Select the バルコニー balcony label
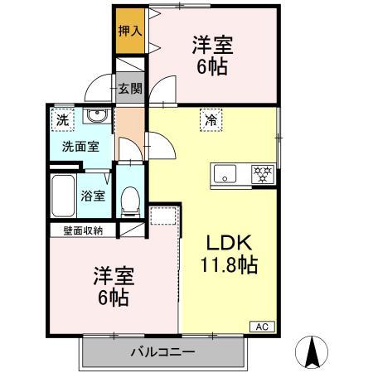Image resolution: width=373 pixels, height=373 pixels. coord(163,352)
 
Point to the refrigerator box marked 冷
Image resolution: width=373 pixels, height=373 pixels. coord(211,119)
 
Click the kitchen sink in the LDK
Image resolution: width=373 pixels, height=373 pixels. coord(225,175)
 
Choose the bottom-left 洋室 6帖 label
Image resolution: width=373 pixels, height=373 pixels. coord(110,286)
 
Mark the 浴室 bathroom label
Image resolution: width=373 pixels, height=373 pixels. coord(92,196)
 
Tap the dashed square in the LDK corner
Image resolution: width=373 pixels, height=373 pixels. coord(164,216)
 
